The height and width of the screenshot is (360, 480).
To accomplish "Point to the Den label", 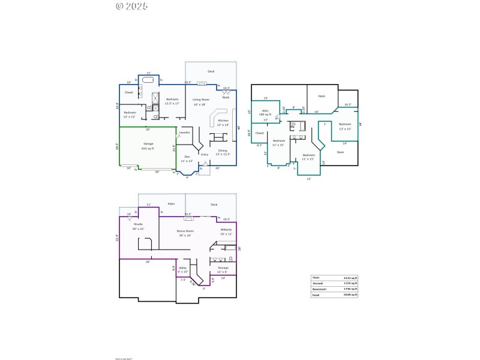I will pos(187,158).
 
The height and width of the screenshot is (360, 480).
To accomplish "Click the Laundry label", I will pos(185,132).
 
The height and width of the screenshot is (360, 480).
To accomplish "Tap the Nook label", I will pos(226,97).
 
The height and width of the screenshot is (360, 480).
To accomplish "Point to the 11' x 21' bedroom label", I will pos(278,142).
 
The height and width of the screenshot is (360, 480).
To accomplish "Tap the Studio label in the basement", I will pos(138,225).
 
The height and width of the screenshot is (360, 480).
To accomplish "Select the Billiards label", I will pos(226,230).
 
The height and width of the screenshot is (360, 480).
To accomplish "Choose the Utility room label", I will pos(183,269).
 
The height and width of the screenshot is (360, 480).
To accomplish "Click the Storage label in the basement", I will pos(223,269).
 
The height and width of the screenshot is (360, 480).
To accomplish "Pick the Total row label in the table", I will pos(316,295).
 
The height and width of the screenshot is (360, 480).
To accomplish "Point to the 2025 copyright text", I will pos(131,6).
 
